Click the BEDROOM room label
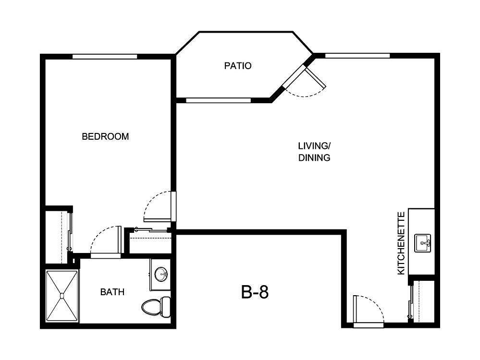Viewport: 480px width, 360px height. (105, 136)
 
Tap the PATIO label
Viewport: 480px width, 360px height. (237, 66)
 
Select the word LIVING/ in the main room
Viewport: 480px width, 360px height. (314, 145)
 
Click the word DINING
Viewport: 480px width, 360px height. (314, 157)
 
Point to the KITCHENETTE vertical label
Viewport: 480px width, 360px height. (401, 243)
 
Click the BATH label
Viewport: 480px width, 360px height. (112, 292)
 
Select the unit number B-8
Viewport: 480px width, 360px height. (255, 292)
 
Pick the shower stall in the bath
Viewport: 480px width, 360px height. (62, 297)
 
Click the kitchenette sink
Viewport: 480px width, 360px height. (424, 243)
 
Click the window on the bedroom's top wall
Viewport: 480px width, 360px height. (105, 57)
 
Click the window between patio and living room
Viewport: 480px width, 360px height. (218, 100)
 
